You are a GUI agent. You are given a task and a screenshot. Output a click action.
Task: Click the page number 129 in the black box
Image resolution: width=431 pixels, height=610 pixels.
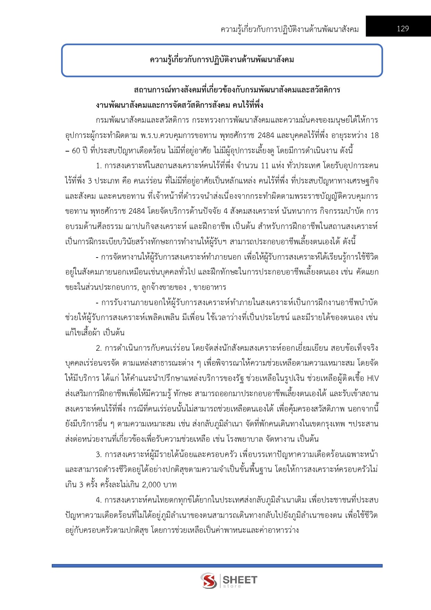click(403, 29)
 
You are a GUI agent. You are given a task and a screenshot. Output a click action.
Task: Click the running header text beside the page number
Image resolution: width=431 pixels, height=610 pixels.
click(289, 29)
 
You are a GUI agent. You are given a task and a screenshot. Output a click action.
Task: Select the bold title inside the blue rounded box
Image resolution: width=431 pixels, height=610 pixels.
click(222, 60)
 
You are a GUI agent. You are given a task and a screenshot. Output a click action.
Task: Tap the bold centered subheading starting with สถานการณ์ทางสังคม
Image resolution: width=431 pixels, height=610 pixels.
click(237, 90)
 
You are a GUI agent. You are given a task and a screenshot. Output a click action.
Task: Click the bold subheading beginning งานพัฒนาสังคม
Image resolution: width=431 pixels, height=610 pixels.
click(180, 105)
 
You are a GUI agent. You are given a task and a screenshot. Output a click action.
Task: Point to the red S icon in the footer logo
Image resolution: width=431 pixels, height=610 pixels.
click(208, 580)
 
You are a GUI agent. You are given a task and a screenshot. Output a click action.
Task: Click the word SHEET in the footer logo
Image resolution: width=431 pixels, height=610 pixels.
click(240, 579)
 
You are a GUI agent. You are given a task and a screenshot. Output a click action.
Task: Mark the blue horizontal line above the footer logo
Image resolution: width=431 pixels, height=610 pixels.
click(217, 566)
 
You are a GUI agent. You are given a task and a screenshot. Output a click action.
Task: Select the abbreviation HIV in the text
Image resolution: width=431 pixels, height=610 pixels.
click(372, 378)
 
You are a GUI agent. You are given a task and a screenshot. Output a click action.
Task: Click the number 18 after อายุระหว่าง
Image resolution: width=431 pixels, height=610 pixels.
click(374, 135)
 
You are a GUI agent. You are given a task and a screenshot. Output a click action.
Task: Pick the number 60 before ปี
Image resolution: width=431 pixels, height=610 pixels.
click(76, 151)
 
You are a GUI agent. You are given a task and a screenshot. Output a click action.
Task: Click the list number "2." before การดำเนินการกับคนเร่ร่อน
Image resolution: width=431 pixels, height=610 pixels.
click(99, 348)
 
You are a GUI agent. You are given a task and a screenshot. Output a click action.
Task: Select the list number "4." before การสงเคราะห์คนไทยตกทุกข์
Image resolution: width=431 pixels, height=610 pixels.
click(99, 500)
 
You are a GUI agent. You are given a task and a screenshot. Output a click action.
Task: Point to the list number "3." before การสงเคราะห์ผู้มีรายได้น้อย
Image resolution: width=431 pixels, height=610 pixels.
click(99, 454)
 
